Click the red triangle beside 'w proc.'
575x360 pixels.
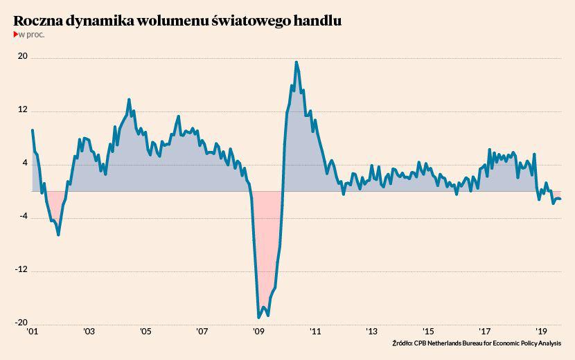click(x=16, y=35)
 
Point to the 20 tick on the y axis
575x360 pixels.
click(x=23, y=56)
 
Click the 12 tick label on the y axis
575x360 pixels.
click(x=23, y=109)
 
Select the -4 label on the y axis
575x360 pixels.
click(x=24, y=216)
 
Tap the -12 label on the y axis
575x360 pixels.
click(x=21, y=269)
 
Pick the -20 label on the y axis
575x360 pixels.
click(x=21, y=323)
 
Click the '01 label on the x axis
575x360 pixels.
click(x=33, y=332)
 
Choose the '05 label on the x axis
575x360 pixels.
click(x=145, y=332)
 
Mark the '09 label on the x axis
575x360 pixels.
click(x=258, y=332)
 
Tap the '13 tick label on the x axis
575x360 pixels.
click(x=371, y=332)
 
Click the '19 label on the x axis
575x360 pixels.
click(x=541, y=332)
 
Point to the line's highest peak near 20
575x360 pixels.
click(x=297, y=62)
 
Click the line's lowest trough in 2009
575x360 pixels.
click(x=258, y=317)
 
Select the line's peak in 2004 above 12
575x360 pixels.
click(x=129, y=100)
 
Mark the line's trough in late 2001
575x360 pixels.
click(x=58, y=234)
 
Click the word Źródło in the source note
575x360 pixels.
click(x=402, y=343)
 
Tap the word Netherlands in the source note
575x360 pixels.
click(x=446, y=343)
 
